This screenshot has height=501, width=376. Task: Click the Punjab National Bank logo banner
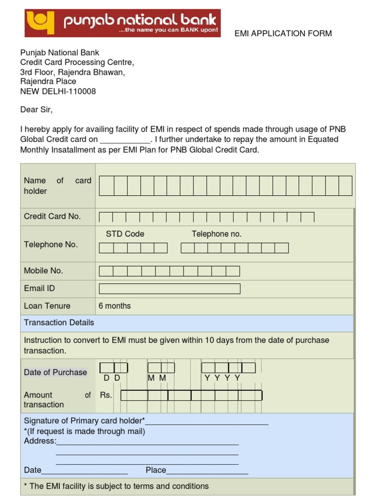coord(122,23)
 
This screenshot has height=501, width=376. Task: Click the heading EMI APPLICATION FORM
coord(283,33)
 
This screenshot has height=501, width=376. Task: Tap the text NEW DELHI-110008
coord(58,91)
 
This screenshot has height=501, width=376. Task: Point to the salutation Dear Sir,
coord(36,109)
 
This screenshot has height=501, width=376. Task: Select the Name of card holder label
coord(57,186)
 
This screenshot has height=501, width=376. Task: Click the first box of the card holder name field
coord(107,186)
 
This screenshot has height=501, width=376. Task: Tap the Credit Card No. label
coord(52,216)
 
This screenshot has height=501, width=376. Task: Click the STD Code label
coord(125,234)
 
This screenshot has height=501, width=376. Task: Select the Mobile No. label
coord(44,271)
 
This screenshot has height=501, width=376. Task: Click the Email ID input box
coord(169,289)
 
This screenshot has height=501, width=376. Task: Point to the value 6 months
coord(115,306)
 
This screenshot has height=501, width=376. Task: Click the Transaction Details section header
coord(59,322)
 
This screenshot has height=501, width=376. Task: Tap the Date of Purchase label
coord(55,372)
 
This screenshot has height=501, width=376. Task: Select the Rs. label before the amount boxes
coord(106,395)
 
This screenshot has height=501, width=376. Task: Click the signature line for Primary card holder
coord(207,422)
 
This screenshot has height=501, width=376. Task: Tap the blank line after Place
coord(207,471)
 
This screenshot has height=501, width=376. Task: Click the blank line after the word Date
coord(85,471)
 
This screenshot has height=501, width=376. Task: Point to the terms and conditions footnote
coord(116,486)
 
